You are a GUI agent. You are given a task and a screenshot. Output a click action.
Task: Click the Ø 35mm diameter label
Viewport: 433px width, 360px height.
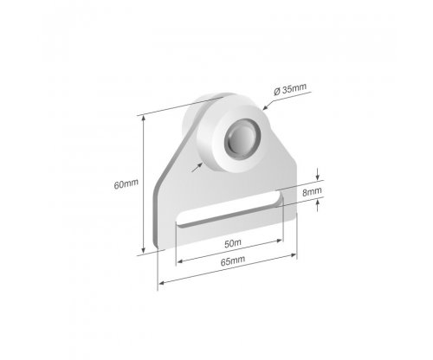(290, 89)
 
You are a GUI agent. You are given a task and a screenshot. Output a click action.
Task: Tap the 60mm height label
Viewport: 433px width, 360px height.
(126, 183)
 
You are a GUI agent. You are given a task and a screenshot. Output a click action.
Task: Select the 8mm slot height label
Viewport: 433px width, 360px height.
(312, 191)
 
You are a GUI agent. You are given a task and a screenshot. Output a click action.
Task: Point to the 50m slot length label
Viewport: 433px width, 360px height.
(233, 243)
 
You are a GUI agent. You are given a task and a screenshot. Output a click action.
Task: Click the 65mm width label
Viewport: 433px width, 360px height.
(233, 261)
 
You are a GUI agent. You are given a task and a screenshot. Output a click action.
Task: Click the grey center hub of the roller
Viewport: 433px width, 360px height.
(242, 138)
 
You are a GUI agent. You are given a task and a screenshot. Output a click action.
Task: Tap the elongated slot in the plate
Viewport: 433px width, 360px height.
(229, 210)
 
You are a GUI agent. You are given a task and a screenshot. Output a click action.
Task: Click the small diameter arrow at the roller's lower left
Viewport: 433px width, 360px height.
(197, 167)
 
